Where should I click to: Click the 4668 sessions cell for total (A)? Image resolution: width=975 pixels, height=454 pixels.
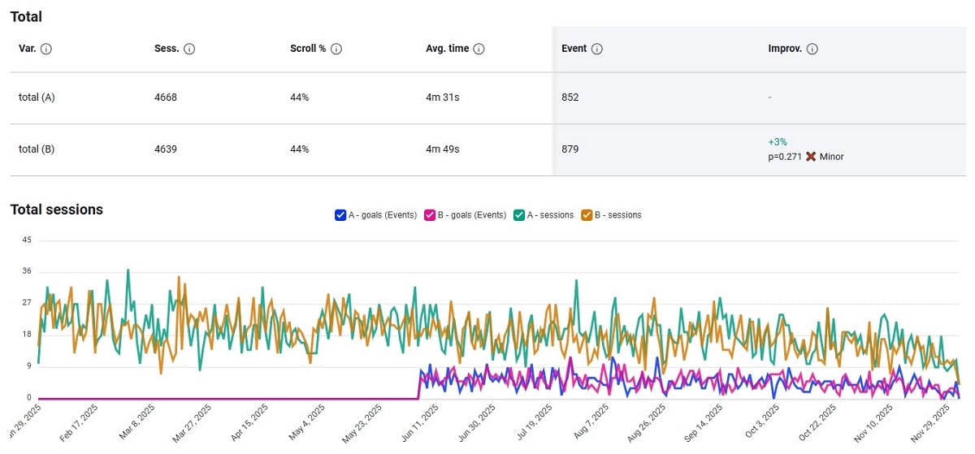click(x=165, y=97)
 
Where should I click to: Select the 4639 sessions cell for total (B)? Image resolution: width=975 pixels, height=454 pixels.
click(x=165, y=149)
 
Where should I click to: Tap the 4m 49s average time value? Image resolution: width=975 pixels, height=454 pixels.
click(x=443, y=149)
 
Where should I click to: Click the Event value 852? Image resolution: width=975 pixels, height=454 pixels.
click(x=570, y=97)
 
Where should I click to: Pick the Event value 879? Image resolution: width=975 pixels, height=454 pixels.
click(x=570, y=149)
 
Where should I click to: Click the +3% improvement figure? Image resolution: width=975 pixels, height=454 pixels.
click(x=778, y=142)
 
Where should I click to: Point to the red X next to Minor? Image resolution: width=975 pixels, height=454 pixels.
click(x=810, y=157)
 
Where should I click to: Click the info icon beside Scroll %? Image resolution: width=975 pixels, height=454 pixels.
click(x=336, y=49)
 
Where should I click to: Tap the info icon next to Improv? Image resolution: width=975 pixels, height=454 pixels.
click(x=812, y=49)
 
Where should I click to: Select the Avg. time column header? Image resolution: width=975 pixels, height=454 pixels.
click(x=447, y=49)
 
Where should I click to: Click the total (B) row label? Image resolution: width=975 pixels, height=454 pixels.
click(x=37, y=149)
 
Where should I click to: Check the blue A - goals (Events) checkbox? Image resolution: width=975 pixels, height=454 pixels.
click(x=340, y=215)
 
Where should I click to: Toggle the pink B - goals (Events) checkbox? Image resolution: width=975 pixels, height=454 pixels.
click(x=430, y=215)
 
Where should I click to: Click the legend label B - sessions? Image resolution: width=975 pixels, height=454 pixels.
click(x=617, y=215)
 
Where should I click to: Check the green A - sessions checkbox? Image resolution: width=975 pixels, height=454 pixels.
click(x=519, y=215)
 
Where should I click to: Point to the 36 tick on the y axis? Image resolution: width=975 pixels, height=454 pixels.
click(x=26, y=271)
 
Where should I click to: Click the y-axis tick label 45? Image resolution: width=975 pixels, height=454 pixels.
click(x=26, y=240)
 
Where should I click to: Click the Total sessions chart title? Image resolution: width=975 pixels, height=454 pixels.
click(x=57, y=210)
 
